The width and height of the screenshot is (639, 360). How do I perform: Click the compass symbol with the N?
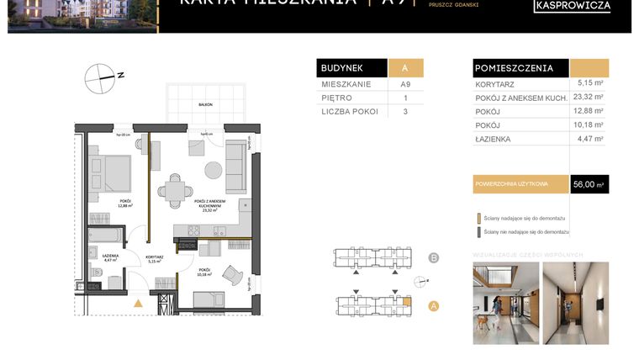click(99, 77)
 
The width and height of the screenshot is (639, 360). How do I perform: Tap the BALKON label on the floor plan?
click(205, 104)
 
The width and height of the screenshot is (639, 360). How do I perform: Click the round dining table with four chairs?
click(175, 190)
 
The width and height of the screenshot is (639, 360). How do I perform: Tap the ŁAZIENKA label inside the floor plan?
click(110, 256)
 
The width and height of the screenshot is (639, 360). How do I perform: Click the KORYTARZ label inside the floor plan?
click(154, 257)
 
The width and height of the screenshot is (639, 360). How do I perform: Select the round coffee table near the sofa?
click(214, 170)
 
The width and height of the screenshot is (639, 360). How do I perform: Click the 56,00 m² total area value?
click(589, 184)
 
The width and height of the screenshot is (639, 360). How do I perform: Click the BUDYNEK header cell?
click(351, 69)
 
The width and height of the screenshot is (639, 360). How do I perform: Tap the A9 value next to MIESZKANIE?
click(405, 84)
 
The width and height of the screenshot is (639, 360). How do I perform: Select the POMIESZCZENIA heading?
click(514, 68)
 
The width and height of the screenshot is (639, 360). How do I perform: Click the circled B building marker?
click(434, 257)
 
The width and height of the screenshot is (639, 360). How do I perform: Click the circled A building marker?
click(434, 306)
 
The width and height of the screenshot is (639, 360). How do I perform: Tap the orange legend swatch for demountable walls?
click(478, 217)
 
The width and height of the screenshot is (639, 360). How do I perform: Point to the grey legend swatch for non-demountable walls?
click(478, 231)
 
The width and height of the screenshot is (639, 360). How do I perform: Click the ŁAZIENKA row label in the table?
click(494, 139)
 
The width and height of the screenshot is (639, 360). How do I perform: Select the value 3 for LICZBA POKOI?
click(405, 111)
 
